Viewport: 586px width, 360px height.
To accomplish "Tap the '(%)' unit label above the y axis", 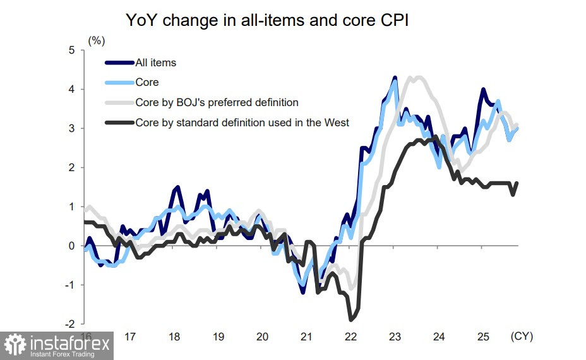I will pos(96,41).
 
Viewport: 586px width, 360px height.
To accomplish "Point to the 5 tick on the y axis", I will pos(72,50).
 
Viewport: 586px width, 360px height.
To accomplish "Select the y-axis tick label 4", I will pos(72,89).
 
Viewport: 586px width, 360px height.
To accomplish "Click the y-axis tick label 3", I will pos(72,128).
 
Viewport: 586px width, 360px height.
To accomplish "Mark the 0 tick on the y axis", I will pos(72,246).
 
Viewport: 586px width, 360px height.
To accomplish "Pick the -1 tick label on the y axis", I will pos(70,285).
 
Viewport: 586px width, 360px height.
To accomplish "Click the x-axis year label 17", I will pos(129,337).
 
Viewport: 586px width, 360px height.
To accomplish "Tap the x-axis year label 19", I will pos(218,337).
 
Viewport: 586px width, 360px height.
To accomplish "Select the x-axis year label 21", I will pos(306,337).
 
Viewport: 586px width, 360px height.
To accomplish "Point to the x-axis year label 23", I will pos(394,337).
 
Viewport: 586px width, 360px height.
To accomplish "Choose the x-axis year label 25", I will pos(482,337).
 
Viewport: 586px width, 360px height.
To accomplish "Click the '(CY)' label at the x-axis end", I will pos(522,337).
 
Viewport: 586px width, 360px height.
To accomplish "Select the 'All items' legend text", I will pos(155,63).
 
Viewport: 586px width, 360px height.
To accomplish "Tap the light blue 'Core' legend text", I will pos(146,82).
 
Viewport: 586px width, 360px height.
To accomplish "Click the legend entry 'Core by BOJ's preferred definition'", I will pos(217,102).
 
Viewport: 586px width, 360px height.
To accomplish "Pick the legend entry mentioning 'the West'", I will pos(242,123).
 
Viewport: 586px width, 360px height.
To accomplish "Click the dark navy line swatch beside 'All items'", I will pos(119,63).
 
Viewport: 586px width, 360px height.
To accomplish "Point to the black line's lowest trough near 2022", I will pos(350,319).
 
